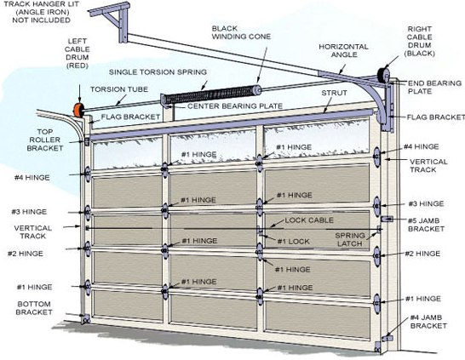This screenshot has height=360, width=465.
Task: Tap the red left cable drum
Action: click(x=77, y=111)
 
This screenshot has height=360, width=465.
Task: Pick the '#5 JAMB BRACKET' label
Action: click(x=425, y=224)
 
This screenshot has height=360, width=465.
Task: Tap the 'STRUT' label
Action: click(x=335, y=92)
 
